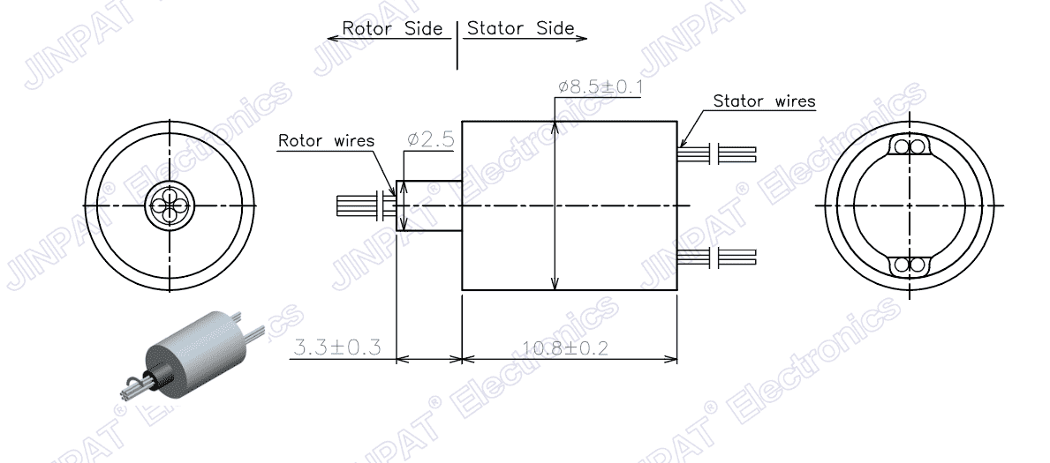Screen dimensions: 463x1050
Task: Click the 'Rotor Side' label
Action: [392, 28]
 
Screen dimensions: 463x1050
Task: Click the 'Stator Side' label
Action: [521, 28]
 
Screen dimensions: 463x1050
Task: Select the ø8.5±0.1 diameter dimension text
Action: [601, 87]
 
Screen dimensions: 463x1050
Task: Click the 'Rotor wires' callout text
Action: [326, 140]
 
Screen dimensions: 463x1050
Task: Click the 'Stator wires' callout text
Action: [764, 101]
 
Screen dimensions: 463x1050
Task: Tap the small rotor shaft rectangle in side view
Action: [429, 206]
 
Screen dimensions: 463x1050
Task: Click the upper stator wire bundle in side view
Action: [717, 154]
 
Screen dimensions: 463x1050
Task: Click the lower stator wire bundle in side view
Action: [717, 258]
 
